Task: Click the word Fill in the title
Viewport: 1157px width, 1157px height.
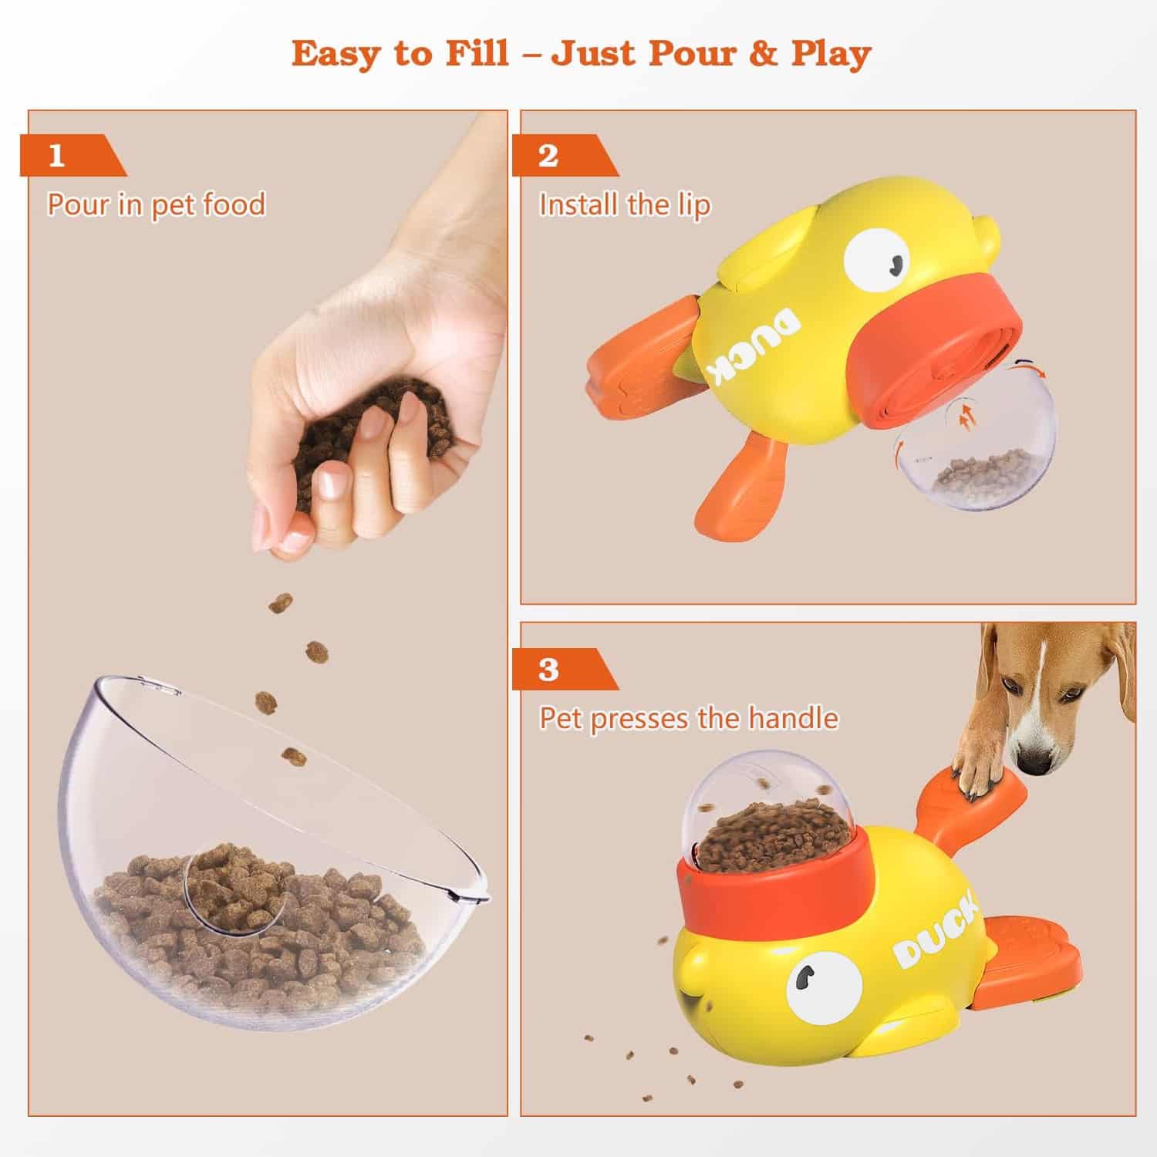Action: point(475,54)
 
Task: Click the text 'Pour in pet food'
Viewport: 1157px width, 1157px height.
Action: point(157,205)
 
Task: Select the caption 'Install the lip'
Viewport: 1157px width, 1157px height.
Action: point(625,205)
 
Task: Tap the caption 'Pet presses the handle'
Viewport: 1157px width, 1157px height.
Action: point(689,718)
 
